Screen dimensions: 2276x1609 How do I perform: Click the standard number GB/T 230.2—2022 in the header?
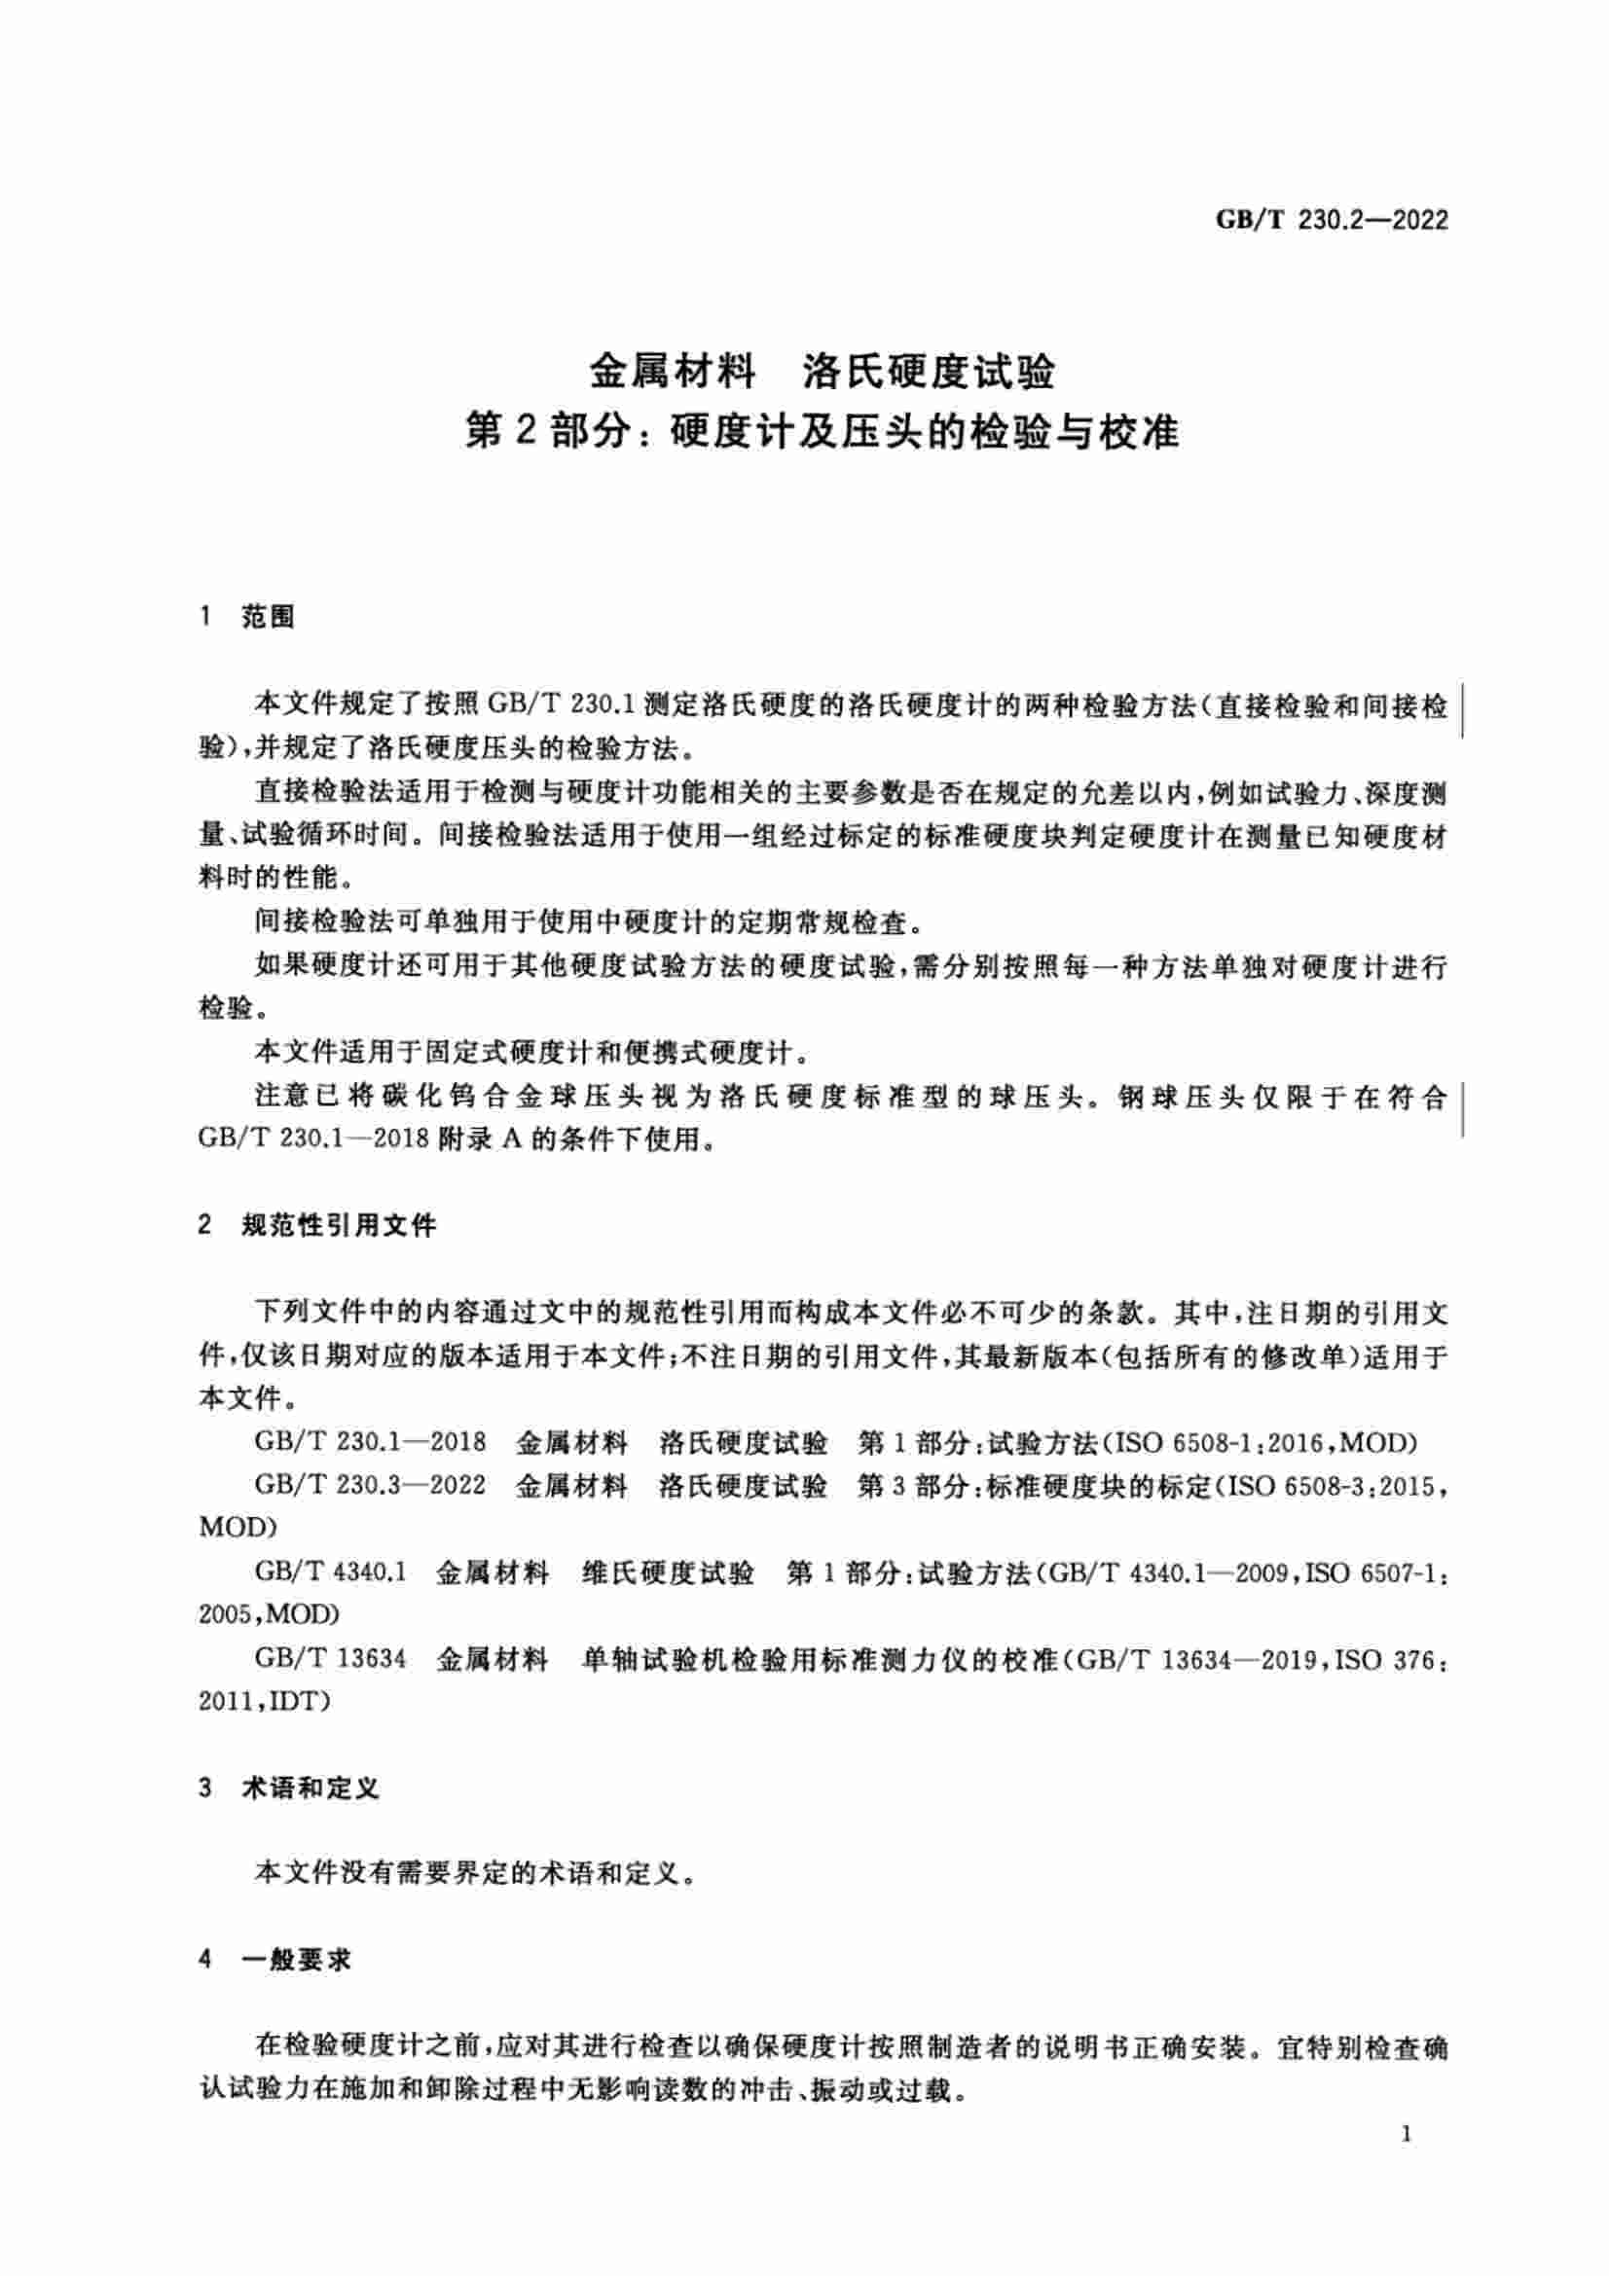(1332, 220)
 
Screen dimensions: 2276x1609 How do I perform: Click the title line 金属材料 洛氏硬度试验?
(822, 373)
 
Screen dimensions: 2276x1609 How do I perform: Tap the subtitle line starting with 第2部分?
(822, 433)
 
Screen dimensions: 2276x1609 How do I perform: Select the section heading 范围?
(268, 617)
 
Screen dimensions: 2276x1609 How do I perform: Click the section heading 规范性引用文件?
(339, 1226)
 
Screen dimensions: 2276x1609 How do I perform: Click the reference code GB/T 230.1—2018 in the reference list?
(370, 1442)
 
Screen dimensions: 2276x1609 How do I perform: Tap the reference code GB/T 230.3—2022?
(370, 1485)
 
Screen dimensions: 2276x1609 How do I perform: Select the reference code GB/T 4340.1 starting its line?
(330, 1572)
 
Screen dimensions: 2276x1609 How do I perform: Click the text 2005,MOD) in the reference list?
(269, 1613)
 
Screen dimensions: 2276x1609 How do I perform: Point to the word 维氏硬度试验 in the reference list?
(667, 1572)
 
